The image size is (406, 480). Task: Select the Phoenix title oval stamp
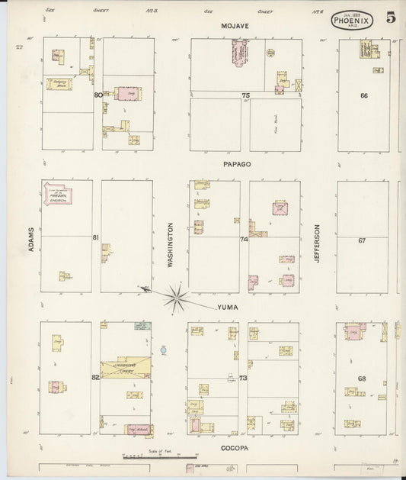352,20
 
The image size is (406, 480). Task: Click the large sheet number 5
391,18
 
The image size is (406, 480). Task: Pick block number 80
98,95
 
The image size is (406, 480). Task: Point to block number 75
245,95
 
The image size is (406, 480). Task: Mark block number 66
364,95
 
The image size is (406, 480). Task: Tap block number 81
96,237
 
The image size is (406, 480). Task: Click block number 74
244,239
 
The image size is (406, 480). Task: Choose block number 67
363,240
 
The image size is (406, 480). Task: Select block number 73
244,379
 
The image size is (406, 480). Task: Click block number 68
363,379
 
